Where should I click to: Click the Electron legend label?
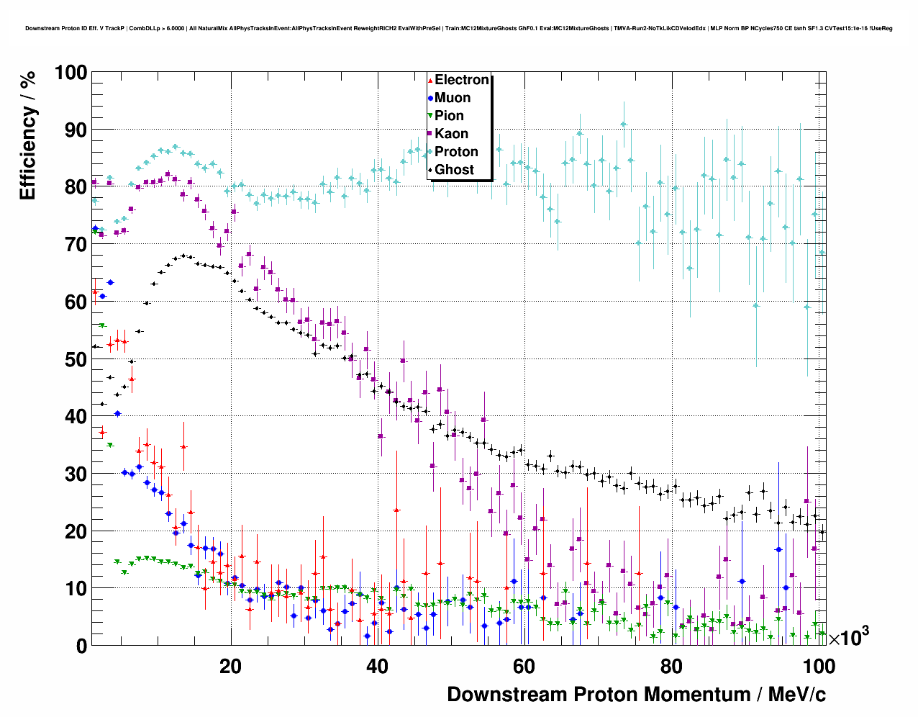[462, 80]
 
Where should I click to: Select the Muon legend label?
[453, 98]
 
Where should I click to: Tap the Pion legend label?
[449, 116]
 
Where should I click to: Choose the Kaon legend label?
[451, 134]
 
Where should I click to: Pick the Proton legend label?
[456, 152]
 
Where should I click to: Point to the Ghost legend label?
[454, 170]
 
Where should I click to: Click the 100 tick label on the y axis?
[70, 73]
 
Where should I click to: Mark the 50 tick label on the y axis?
[76, 359]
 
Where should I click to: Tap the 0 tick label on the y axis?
[81, 646]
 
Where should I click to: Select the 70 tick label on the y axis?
[76, 245]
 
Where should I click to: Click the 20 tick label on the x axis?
[230, 666]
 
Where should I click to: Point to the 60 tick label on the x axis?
[524, 666]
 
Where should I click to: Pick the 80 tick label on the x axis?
[671, 666]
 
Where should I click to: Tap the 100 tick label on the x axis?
[819, 666]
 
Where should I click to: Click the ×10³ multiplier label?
[849, 637]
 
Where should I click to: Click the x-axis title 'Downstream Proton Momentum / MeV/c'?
[636, 695]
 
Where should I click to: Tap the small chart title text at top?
[459, 28]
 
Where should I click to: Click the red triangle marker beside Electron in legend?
[430, 81]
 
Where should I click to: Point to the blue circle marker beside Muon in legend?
[430, 99]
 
